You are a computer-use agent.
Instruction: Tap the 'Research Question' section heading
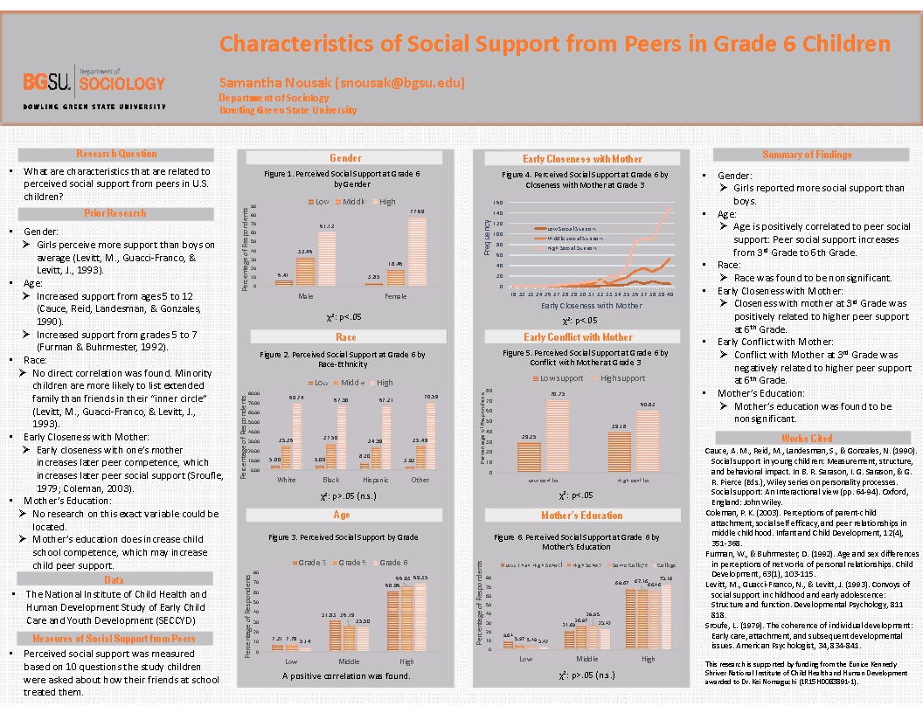coord(115,154)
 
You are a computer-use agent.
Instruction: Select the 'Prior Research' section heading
coord(115,213)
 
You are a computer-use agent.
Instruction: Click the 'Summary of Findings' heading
coord(806,155)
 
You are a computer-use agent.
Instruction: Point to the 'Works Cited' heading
coord(806,437)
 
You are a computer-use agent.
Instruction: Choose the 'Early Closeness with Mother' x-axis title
coord(591,306)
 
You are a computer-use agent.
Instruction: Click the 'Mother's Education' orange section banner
coord(581,516)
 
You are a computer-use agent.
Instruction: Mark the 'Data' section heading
coord(114,579)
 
